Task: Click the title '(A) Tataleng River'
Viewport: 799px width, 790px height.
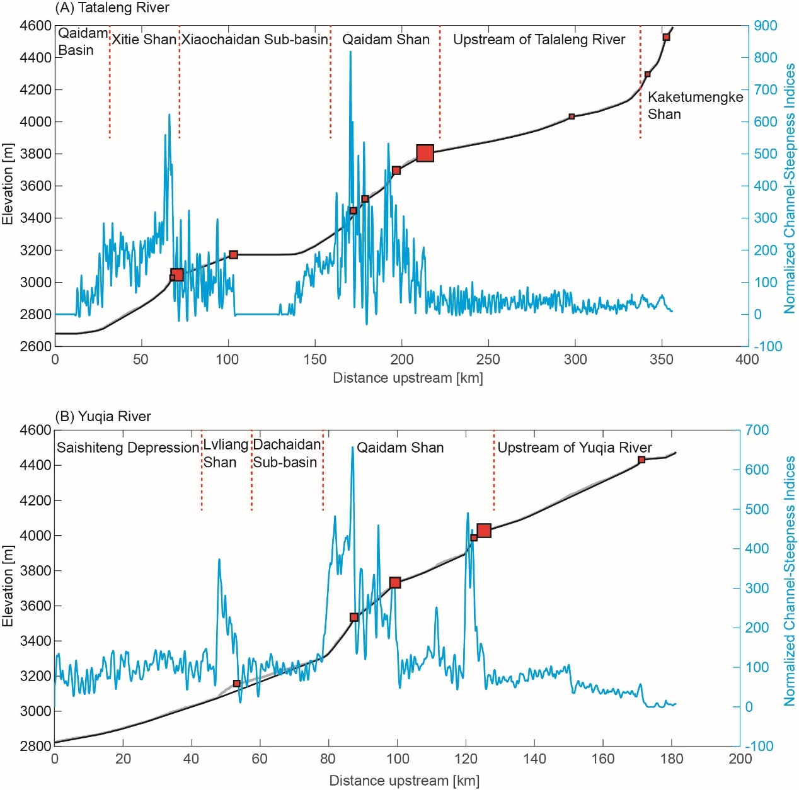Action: coord(112,8)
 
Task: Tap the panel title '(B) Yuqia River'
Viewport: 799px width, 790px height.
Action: coord(103,417)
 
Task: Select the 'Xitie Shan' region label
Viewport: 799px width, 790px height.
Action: coord(144,40)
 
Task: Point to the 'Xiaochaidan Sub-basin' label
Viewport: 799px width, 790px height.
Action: coord(255,40)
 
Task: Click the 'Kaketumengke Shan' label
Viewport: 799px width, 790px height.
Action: coord(695,105)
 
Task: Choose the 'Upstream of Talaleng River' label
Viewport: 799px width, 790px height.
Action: coord(539,40)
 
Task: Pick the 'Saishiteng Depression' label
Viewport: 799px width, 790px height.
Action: coord(127,448)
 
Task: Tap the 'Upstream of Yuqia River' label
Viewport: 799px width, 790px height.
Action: coord(575,448)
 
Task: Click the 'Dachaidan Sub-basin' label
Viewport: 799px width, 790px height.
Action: coord(287,453)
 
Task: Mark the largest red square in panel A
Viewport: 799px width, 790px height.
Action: coord(425,153)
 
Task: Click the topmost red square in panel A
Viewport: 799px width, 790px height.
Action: coord(666,37)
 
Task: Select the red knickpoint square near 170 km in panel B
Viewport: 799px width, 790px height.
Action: coord(641,460)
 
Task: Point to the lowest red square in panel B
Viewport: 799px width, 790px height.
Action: coord(237,684)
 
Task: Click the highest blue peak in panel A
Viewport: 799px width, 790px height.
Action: coord(350,52)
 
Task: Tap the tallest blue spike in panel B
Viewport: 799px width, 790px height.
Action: coord(352,448)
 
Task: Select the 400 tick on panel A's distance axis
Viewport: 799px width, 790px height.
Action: coord(747,359)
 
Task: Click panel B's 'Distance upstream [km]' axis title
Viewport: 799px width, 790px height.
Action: coord(404,781)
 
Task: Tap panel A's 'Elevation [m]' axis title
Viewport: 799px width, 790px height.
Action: coord(8,184)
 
